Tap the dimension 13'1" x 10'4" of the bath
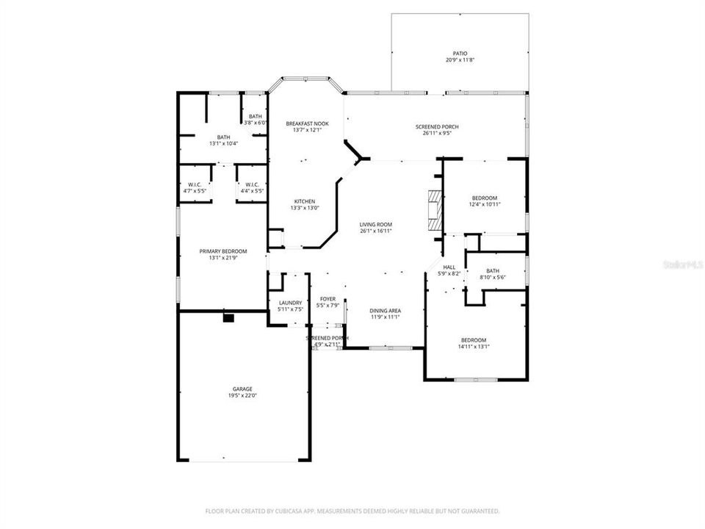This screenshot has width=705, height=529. click(x=223, y=143)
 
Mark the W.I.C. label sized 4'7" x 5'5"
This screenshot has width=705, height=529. click(x=195, y=187)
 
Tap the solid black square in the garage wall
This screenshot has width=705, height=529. click(x=228, y=318)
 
